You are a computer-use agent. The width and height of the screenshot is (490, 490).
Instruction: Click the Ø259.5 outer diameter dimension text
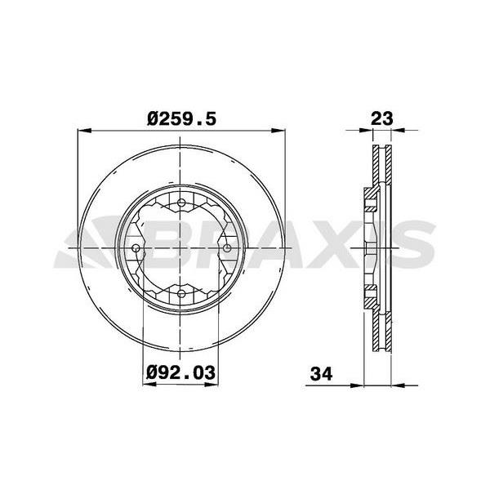(181, 118)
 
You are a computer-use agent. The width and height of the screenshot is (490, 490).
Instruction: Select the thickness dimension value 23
(382, 118)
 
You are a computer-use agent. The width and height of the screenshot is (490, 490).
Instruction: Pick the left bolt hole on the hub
(136, 247)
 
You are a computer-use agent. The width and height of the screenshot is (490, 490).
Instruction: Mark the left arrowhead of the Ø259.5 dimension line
(82, 129)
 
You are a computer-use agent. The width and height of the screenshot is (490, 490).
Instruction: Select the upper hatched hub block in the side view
(369, 198)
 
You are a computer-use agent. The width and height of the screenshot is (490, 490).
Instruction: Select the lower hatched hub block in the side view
(369, 295)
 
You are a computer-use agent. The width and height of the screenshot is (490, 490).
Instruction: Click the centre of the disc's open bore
(180, 247)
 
